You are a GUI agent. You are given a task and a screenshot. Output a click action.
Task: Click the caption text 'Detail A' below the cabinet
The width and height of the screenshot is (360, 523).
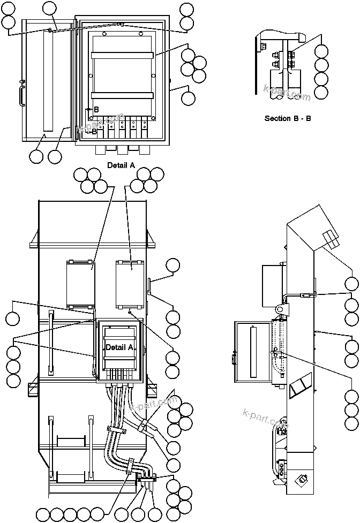121,165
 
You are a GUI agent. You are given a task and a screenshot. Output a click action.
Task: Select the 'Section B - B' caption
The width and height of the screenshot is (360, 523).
288,118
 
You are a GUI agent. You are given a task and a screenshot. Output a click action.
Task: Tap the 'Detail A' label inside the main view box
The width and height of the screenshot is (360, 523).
119,347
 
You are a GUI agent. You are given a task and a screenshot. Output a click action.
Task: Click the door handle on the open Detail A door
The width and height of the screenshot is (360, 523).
22,93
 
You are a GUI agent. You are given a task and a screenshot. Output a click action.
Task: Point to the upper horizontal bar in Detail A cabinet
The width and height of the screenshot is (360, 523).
123,55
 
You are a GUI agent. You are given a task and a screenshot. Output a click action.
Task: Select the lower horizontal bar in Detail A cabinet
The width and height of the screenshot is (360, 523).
123,95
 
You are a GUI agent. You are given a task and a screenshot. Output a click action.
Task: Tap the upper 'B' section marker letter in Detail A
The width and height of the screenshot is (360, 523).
96,110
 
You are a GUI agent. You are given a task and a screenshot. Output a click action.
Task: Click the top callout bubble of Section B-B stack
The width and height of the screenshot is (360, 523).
321,52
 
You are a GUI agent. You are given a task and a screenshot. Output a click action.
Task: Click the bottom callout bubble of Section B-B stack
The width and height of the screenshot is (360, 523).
321,92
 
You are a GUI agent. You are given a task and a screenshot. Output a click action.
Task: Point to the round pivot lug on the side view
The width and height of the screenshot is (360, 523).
280,310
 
